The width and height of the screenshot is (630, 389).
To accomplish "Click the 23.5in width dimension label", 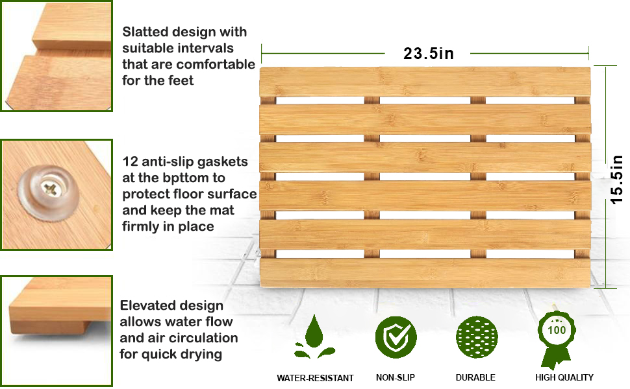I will [428, 54].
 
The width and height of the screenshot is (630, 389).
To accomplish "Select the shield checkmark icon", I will [396, 338].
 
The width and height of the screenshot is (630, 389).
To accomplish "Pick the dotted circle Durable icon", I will [477, 338].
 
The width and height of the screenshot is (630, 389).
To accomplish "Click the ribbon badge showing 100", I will [556, 334].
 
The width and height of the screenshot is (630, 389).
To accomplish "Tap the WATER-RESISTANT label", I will [315, 378].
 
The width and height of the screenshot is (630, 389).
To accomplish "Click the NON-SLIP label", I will [396, 377].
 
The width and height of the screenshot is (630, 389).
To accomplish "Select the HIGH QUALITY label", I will [564, 377].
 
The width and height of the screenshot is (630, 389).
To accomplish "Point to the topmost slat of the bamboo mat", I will [425, 82].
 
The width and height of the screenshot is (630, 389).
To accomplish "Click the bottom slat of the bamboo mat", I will [425, 272].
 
